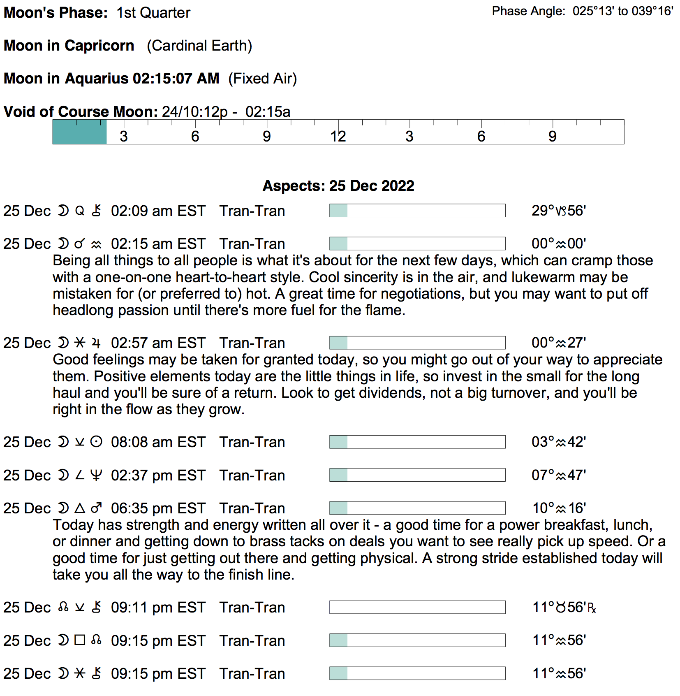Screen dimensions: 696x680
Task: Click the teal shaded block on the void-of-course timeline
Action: click(x=80, y=132)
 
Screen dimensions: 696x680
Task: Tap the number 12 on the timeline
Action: click(x=338, y=137)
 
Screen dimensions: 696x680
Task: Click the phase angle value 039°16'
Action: click(x=652, y=11)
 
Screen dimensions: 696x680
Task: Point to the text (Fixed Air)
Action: click(x=262, y=79)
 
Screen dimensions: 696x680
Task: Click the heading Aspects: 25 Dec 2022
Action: click(x=338, y=186)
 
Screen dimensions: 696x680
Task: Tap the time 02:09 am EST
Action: click(x=158, y=211)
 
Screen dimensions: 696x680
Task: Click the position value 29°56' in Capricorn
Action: click(x=558, y=211)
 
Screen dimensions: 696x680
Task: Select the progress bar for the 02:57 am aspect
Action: click(x=417, y=343)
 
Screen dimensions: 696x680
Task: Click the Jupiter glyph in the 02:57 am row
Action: click(x=96, y=343)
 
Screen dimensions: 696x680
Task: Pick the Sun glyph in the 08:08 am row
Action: click(x=96, y=442)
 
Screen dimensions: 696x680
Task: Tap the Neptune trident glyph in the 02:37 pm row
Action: click(x=96, y=475)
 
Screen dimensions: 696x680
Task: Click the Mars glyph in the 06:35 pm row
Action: click(x=96, y=508)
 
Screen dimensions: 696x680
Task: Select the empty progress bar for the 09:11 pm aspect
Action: click(x=417, y=607)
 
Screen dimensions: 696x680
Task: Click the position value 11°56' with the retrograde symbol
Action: click(x=564, y=607)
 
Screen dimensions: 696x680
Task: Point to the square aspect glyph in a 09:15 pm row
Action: click(x=80, y=640)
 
